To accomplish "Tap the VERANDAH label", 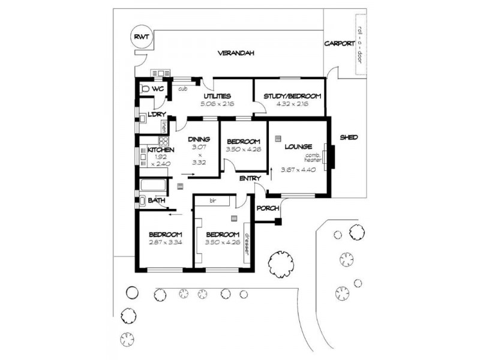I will point(236,53).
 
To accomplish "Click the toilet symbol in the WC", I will point(144,89).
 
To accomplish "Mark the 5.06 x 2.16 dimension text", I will point(217,104).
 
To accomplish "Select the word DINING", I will point(197,139).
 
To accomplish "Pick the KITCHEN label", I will point(161,150).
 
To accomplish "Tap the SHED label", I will point(349,137).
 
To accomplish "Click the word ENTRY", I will point(250,179).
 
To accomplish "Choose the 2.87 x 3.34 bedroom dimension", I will point(165,242).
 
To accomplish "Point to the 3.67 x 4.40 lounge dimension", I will point(298,170).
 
